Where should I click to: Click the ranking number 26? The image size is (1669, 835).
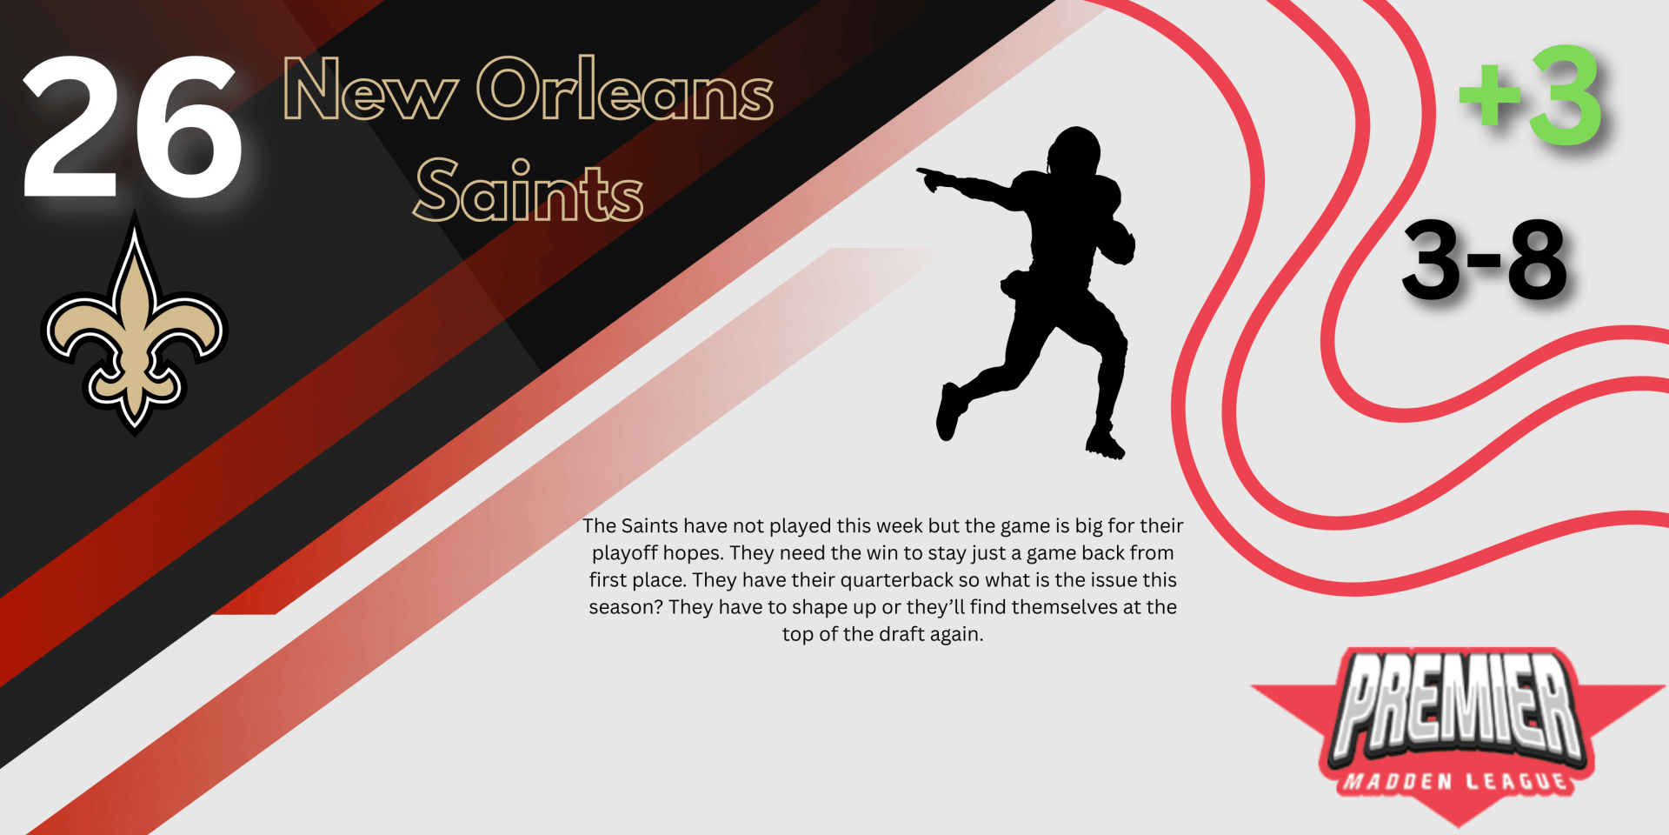[x=132, y=126]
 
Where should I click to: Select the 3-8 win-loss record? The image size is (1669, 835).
[x=1485, y=259]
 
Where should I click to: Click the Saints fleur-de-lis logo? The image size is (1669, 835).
[x=134, y=326]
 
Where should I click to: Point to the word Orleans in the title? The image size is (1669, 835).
[x=625, y=89]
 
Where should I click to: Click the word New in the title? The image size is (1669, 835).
[x=370, y=90]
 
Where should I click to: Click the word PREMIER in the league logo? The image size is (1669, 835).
[x=1459, y=706]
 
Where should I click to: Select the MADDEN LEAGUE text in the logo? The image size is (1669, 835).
[x=1455, y=782]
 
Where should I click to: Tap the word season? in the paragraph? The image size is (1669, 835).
[x=626, y=607]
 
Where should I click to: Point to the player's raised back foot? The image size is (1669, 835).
[x=949, y=411]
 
